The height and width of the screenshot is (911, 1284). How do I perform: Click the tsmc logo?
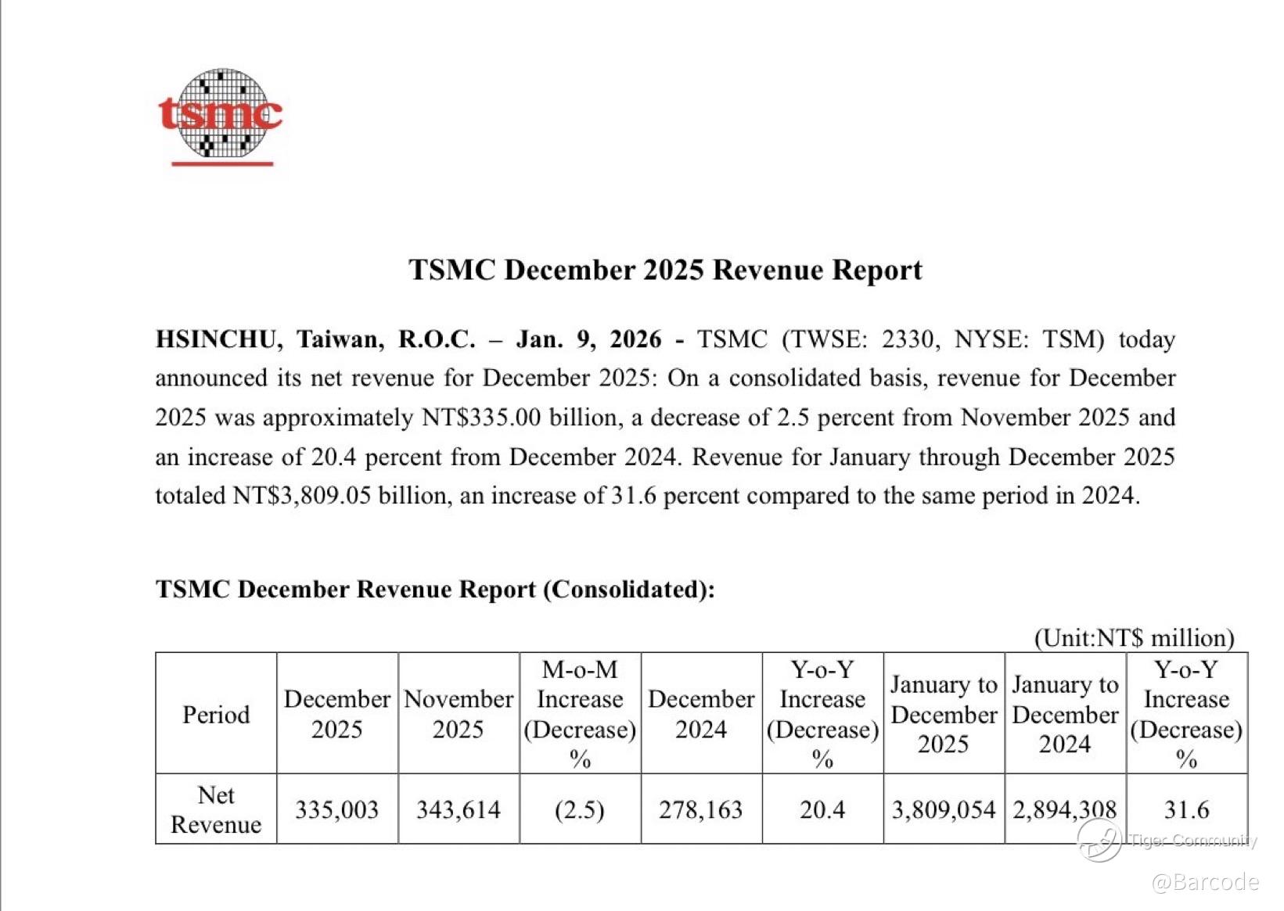pos(221,116)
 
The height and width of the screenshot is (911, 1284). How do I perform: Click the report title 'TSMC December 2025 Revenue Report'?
pos(665,270)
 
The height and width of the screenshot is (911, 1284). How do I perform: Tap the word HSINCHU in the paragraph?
pos(215,339)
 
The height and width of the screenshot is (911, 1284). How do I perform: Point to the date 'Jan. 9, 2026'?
pos(588,339)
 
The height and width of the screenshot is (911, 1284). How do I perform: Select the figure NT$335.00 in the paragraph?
pos(481,418)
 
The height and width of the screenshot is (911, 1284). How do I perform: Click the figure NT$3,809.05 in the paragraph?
pos(302,496)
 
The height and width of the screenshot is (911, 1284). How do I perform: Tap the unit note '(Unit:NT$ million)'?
pos(1134,638)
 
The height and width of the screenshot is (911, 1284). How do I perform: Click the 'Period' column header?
pos(216,714)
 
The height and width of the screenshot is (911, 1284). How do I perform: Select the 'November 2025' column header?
pos(459,714)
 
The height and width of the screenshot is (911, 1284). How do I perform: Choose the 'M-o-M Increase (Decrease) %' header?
pos(580,714)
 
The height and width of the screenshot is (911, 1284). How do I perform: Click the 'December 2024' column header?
pos(701,714)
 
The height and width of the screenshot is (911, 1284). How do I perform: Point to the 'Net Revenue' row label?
pos(216,809)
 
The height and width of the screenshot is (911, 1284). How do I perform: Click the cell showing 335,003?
pos(336,809)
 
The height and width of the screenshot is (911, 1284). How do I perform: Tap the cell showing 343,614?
pos(459,809)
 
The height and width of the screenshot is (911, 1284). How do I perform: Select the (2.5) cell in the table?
pos(580,809)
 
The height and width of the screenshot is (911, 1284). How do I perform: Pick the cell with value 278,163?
pos(701,809)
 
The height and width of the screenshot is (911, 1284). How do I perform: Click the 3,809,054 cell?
pos(944,809)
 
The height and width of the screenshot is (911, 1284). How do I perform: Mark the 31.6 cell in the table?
pos(1186,809)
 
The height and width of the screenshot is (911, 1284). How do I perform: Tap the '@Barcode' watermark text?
pos(1205,882)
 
